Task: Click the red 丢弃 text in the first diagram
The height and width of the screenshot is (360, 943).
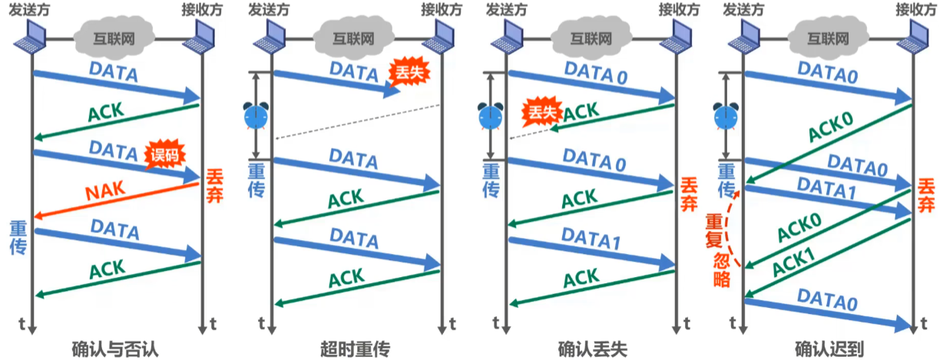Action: (x=214, y=187)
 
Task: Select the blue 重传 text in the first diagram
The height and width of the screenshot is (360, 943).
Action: (x=18, y=236)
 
